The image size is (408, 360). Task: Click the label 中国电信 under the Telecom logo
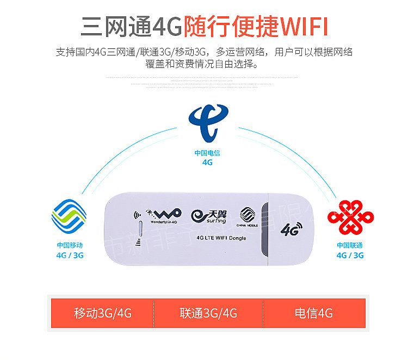coord(207,153)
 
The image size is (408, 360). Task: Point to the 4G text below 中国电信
coord(207,162)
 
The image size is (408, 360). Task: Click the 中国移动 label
coord(70,245)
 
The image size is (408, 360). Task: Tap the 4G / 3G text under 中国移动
coord(70,255)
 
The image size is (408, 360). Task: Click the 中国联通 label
coord(350,245)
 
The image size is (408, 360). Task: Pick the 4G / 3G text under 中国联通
coord(350,255)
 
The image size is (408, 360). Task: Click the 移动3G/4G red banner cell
coord(103,313)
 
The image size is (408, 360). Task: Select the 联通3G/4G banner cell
coord(208,313)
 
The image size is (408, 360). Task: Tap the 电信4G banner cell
coord(313,313)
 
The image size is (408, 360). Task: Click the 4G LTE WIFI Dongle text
coord(221,238)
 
